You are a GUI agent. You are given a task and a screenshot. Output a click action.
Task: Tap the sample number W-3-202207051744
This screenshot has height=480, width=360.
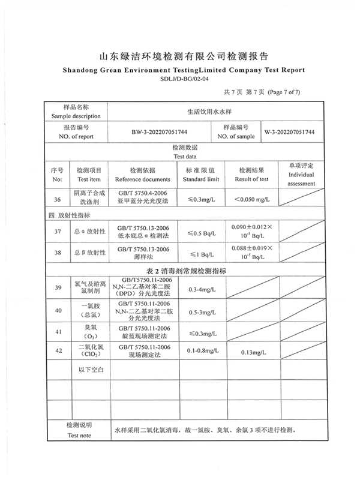pos(290,132)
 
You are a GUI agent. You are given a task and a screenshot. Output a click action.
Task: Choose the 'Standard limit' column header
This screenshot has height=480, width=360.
pos(201,179)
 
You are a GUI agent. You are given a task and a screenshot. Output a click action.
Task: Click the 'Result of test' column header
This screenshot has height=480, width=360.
pos(251,179)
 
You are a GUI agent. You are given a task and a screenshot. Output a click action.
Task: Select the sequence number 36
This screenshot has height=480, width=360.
pos(58,199)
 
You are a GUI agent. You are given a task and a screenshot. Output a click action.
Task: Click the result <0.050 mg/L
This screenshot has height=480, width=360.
pos(251,199)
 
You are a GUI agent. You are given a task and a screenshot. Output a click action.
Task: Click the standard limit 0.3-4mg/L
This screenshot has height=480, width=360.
pos(202,290)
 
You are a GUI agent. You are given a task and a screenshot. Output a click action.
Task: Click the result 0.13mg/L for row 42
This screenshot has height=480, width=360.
pos(251,352)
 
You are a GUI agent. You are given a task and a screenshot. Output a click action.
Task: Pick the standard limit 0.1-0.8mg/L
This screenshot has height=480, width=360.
pos(202,350)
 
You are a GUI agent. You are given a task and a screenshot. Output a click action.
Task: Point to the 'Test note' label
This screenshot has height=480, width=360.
pos(79,435)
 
